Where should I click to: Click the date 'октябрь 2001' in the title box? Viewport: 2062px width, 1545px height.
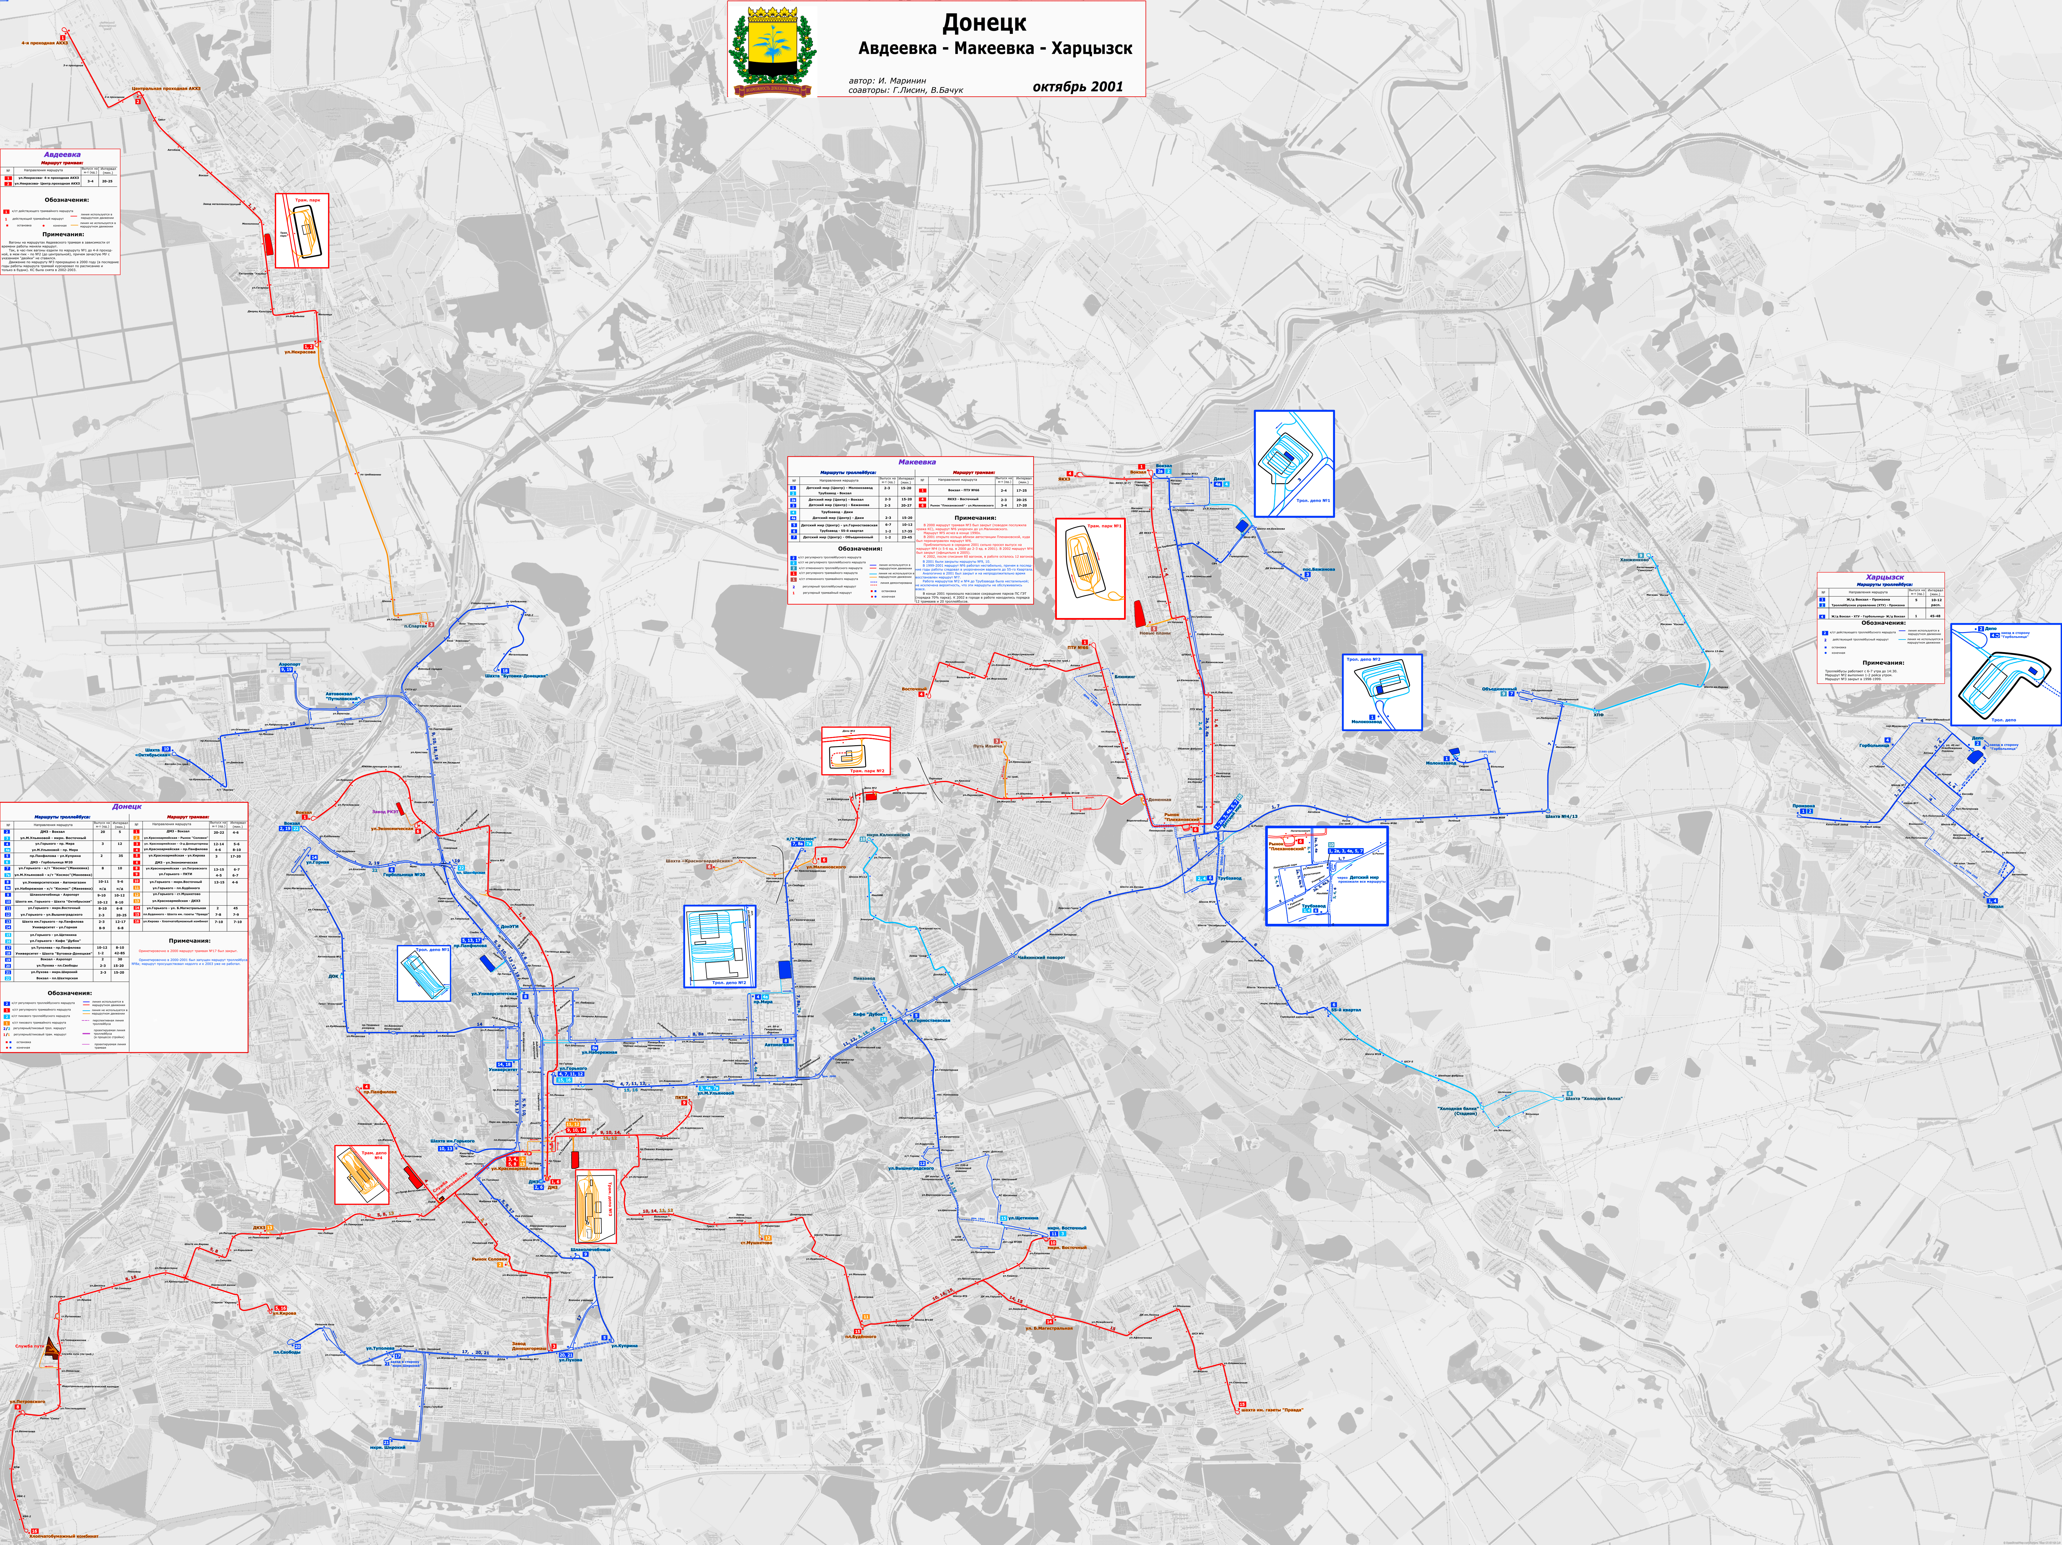point(1078,87)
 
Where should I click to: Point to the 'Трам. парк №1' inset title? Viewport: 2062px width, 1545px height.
point(1105,526)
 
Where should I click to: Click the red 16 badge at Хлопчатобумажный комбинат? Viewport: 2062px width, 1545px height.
point(34,1531)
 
